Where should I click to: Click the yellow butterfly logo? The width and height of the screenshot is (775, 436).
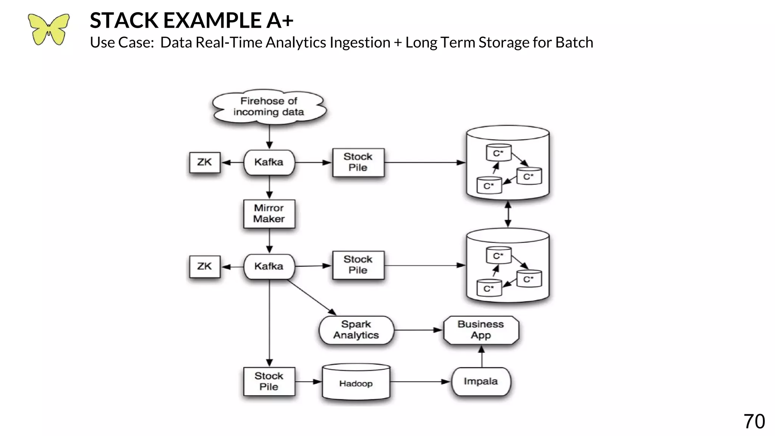49,30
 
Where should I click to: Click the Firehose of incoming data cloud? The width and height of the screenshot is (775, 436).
269,107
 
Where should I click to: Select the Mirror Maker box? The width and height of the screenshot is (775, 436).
269,213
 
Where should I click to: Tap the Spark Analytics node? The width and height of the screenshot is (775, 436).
356,330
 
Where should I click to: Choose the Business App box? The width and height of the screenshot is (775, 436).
481,330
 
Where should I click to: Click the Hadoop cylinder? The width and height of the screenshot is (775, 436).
356,383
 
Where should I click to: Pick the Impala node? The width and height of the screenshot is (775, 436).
481,381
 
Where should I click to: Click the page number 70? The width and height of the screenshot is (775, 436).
754,422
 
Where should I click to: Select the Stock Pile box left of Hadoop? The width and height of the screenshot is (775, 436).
269,381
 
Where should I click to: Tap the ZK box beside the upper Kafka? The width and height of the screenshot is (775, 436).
204,162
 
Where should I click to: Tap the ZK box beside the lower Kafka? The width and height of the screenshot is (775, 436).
204,266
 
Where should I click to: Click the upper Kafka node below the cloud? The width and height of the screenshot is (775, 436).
269,162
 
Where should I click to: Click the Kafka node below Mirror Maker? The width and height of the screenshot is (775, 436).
269,266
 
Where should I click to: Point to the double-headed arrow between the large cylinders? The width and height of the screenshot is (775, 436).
508,214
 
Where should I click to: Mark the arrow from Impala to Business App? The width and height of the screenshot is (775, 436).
482,357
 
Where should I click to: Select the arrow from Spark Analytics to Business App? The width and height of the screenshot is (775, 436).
418,330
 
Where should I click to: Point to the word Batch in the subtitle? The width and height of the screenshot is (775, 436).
574,42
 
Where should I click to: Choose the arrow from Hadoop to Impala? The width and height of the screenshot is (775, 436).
420,382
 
